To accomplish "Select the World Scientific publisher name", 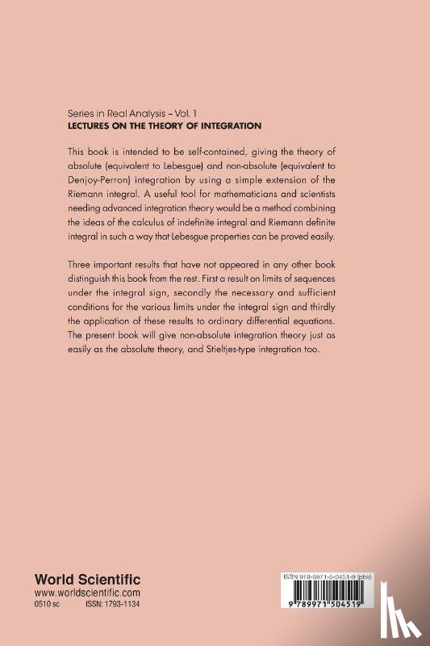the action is point(87,579).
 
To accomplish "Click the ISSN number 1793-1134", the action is point(118,605).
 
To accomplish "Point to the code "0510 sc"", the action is point(48,605).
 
